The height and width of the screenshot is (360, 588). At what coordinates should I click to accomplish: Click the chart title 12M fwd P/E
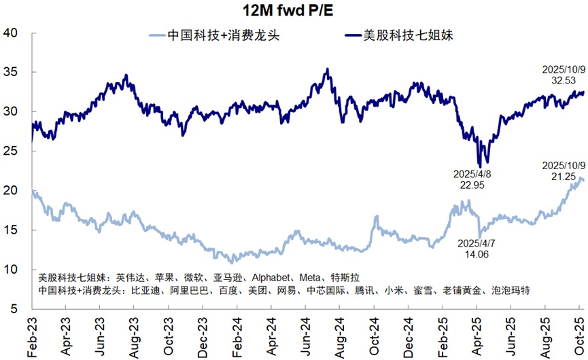coord(294,10)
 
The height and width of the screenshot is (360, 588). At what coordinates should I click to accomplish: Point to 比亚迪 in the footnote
coord(143,290)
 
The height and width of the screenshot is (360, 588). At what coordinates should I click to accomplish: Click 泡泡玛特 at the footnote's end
coord(508,290)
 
